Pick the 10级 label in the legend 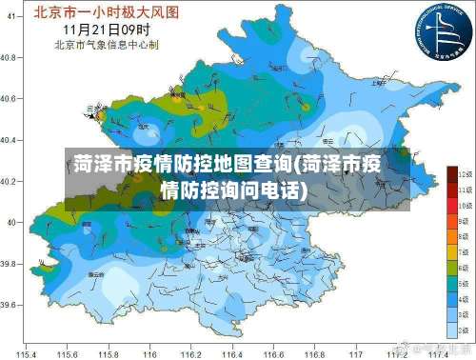[x=466, y=205]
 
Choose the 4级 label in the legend [x=466, y=300]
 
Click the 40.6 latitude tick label [x=8, y=98]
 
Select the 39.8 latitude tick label [x=8, y=264]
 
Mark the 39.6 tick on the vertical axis [x=8, y=305]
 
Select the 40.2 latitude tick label [x=8, y=181]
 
